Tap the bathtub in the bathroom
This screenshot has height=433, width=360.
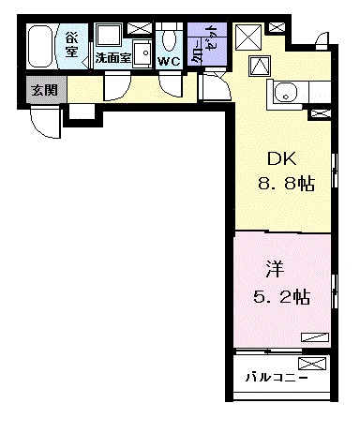tap(41, 45)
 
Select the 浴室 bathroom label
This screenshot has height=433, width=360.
tap(72, 45)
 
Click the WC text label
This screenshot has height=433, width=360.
tap(169, 61)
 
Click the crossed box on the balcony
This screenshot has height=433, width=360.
tap(310, 363)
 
